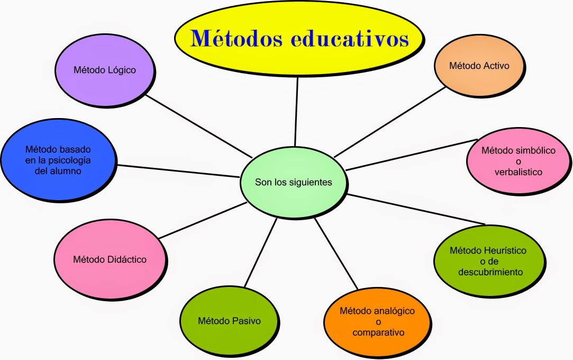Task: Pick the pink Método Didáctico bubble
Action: coord(110,259)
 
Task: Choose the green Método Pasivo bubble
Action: coord(229,320)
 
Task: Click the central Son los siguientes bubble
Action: coord(293,183)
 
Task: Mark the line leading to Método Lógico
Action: coord(198,126)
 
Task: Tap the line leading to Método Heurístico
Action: coord(415,209)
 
